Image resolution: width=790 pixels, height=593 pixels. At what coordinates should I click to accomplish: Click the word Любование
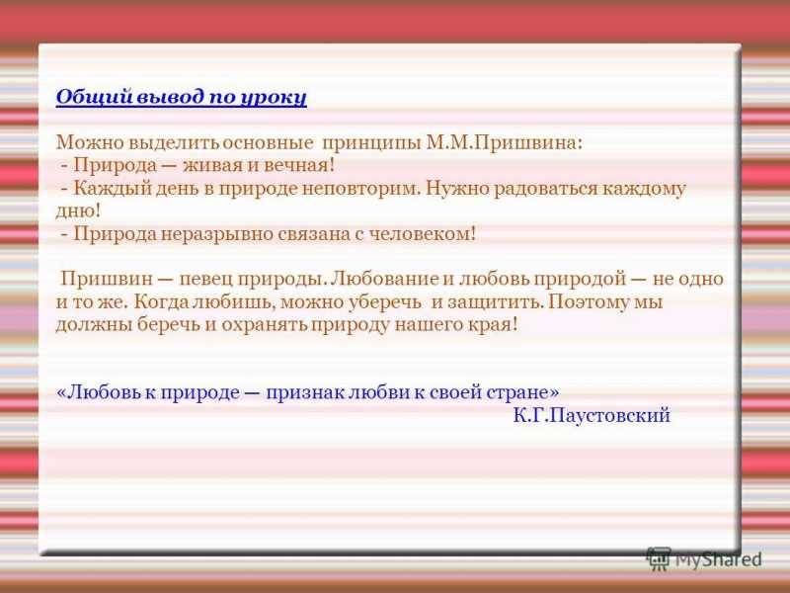[x=385, y=279]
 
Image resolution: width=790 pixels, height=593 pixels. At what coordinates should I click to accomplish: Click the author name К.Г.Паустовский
[x=592, y=415]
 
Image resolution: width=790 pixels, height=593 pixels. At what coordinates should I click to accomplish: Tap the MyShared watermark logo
[x=704, y=558]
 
